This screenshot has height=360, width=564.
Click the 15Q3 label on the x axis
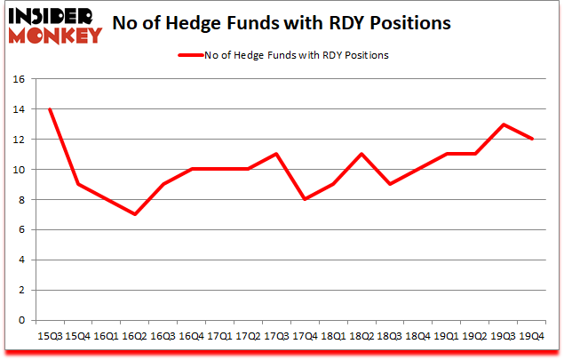tap(50, 338)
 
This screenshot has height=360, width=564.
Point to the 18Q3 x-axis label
tap(388, 338)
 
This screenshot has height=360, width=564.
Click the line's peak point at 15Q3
tap(50, 109)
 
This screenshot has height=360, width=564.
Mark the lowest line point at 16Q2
tap(134, 214)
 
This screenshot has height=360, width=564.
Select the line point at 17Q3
tap(276, 154)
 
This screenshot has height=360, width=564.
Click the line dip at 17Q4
tap(305, 199)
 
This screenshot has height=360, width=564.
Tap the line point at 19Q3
tap(504, 124)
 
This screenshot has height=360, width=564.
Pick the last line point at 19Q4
tap(532, 139)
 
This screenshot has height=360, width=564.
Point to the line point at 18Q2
tap(361, 154)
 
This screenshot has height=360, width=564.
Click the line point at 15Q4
tap(78, 184)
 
